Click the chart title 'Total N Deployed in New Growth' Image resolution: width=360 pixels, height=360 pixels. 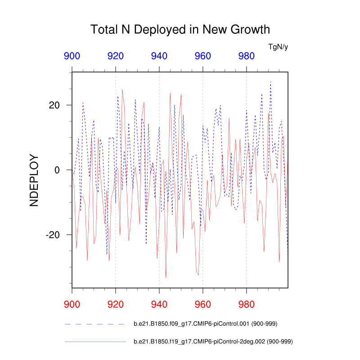point(180,30)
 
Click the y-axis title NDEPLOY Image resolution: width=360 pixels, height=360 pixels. point(34,181)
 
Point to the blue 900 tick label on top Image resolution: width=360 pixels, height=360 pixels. point(72,56)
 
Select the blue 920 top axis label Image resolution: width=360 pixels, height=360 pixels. point(116,56)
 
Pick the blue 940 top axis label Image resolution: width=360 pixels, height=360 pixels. point(159,56)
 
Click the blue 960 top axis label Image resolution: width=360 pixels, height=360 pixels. point(203,56)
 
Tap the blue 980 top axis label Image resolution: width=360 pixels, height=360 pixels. point(247,56)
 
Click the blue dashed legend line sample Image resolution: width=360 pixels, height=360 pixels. point(94,324)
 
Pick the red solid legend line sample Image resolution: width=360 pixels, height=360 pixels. point(94,342)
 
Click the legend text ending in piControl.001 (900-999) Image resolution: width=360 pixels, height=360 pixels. point(207,324)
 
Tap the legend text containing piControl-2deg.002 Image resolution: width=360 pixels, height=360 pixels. point(213,342)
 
